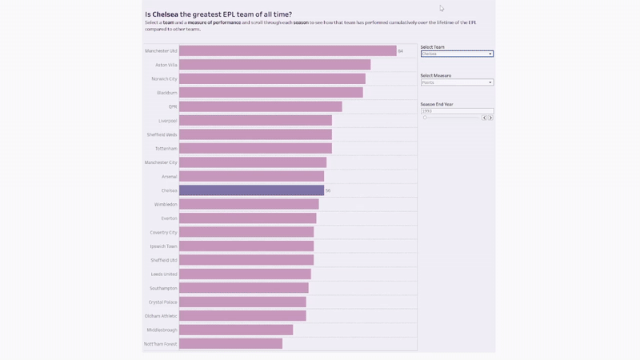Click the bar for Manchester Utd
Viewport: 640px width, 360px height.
pos(287,51)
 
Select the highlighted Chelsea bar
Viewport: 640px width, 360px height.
pos(251,190)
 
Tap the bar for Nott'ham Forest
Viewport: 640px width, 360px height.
pos(230,343)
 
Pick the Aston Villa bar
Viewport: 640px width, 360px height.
pos(274,65)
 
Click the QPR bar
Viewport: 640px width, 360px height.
pos(260,106)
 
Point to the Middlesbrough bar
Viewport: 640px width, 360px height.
pos(236,330)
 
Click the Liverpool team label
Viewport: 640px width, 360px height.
pos(167,121)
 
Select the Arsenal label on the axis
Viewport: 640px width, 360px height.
pos(169,176)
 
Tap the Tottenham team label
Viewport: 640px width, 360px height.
pos(166,149)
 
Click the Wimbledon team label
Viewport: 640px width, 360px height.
pos(166,204)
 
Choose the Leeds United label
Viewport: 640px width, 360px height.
pos(164,274)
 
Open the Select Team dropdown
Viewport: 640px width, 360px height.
pos(457,54)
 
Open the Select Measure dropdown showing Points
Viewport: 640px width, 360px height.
pos(457,82)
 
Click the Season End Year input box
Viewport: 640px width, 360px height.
pos(457,111)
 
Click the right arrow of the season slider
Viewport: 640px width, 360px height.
pos(490,118)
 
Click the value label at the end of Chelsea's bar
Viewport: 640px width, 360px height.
pos(328,190)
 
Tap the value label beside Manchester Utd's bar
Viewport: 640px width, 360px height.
pos(400,51)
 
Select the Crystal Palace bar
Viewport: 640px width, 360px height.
pos(242,302)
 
